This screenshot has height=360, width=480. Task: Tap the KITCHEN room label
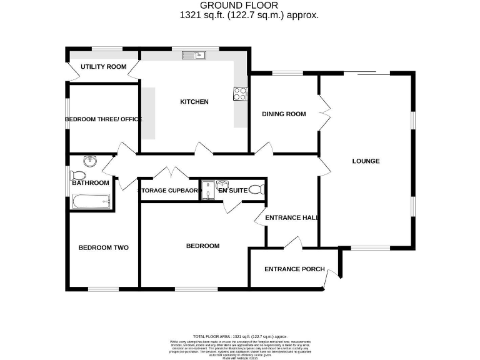click(x=194, y=102)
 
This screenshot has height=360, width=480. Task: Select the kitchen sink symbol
click(x=194, y=56)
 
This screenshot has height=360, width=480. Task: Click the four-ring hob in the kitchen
click(x=239, y=94)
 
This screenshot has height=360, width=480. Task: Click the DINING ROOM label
click(x=284, y=114)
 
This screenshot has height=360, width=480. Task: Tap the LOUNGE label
click(x=366, y=161)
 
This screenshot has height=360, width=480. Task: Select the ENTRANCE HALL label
click(x=292, y=218)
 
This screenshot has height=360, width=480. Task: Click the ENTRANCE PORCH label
click(x=294, y=269)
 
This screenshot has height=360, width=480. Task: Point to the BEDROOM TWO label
click(x=103, y=247)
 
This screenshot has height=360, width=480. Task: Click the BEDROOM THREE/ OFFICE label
click(x=104, y=119)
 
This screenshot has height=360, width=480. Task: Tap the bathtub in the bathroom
click(x=91, y=201)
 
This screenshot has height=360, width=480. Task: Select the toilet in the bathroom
click(x=78, y=175)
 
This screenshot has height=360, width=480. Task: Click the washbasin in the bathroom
click(x=92, y=162)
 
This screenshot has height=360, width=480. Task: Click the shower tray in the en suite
click(x=207, y=191)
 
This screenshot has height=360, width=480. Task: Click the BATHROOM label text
click(x=91, y=183)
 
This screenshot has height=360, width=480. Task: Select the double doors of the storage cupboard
click(x=170, y=172)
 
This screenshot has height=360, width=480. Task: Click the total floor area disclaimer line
click(x=244, y=336)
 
